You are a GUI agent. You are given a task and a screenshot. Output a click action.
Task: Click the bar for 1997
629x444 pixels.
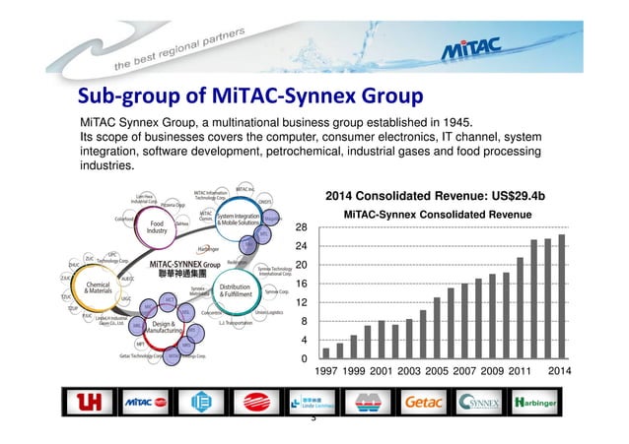[326, 353]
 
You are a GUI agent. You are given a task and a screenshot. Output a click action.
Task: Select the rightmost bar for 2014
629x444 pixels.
[561, 296]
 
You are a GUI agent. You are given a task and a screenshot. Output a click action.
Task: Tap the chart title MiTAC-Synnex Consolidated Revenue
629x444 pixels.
[436, 214]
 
